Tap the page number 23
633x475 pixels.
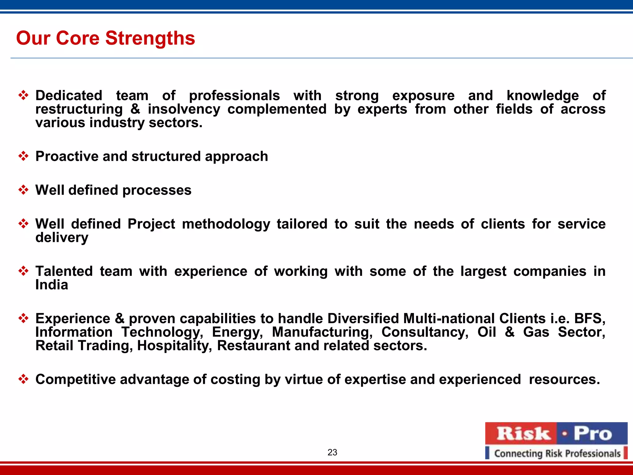[332, 452]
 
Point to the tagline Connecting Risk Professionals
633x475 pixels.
[557, 453]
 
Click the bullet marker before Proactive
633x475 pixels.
[23, 156]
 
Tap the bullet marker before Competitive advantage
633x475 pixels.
[23, 379]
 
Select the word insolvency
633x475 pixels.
[184, 109]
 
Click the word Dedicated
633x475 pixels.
[69, 95]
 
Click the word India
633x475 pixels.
[52, 285]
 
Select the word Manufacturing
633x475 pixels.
[322, 332]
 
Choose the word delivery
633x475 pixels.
[62, 237]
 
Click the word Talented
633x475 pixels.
[64, 271]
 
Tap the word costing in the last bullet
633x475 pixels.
[235, 379]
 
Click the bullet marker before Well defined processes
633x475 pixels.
[23, 190]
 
